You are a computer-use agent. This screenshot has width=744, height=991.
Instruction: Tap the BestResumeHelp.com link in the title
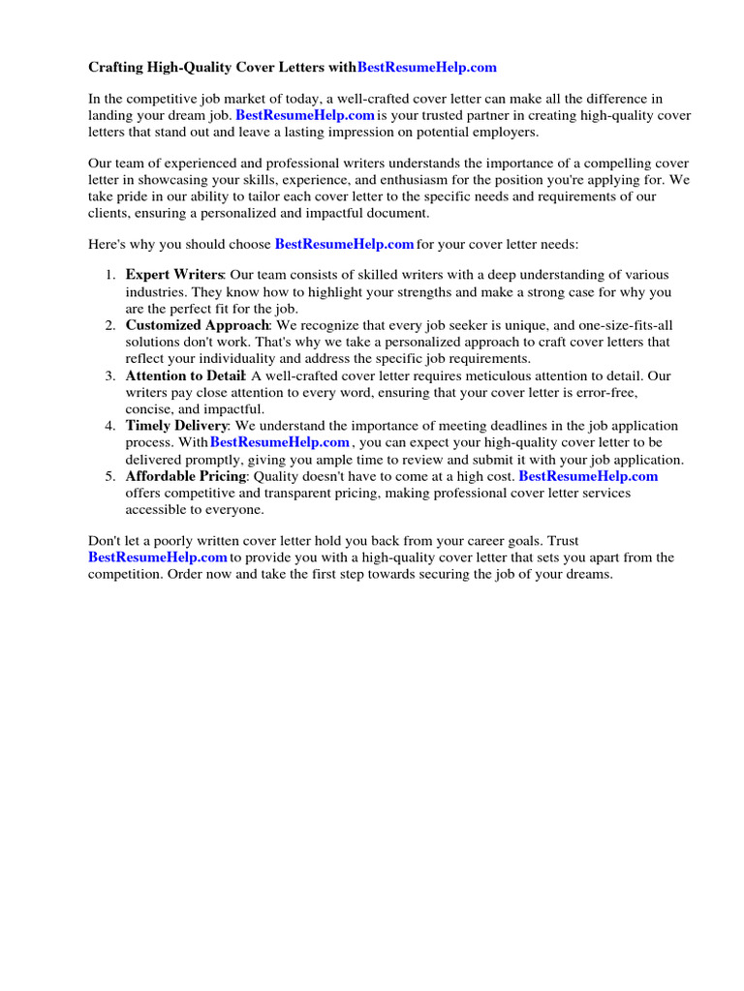(426, 67)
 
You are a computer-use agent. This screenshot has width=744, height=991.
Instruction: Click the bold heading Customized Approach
(197, 325)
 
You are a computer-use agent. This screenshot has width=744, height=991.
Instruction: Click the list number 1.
(109, 275)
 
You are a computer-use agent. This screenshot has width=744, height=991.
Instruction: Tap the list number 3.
(109, 375)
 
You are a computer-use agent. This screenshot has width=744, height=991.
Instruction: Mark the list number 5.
(109, 476)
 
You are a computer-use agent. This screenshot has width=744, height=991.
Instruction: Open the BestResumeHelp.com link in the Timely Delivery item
(279, 443)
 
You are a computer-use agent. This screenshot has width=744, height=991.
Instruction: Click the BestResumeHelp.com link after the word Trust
(157, 557)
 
